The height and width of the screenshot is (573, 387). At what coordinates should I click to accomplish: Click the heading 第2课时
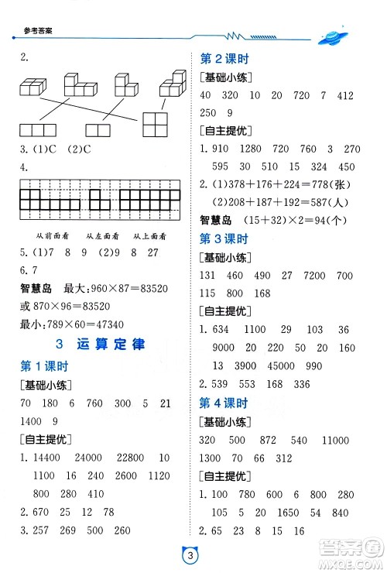point(224,59)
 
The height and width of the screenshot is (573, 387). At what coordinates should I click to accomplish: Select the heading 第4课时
point(224,403)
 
